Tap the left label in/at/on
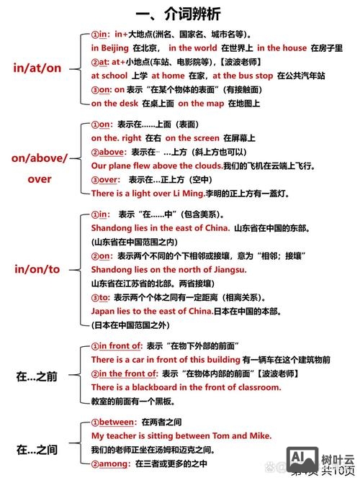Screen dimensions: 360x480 point(37,68)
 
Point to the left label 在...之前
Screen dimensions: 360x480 point(37,375)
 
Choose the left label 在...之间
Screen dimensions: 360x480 point(37,450)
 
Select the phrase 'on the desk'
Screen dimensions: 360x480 point(114,102)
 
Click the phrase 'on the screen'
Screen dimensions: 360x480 point(192,137)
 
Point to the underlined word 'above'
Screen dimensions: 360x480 point(114,151)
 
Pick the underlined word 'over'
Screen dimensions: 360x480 point(110,179)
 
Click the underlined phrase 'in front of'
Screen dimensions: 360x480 point(120,345)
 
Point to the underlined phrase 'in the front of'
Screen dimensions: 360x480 point(127,373)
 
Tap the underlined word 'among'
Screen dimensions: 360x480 point(114,463)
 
